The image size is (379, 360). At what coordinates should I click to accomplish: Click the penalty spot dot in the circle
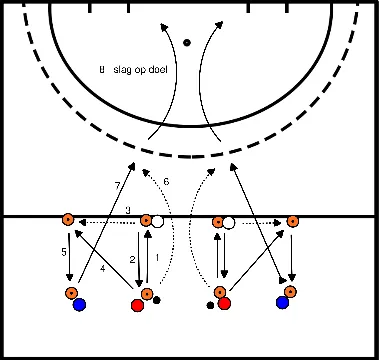pyautogui.click(x=187, y=43)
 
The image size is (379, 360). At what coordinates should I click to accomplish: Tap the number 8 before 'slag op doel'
pyautogui.click(x=102, y=69)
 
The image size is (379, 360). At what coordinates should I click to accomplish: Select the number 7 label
pyautogui.click(x=117, y=186)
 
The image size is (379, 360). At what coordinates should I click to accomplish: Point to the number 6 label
pyautogui.click(x=167, y=181)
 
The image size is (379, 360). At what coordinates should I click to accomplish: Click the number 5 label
pyautogui.click(x=62, y=253)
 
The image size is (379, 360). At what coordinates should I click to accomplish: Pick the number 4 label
pyautogui.click(x=102, y=268)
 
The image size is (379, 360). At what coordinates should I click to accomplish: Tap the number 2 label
pyautogui.click(x=132, y=259)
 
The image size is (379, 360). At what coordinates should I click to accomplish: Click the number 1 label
pyautogui.click(x=158, y=259)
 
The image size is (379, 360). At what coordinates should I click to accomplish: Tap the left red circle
pyautogui.click(x=137, y=305)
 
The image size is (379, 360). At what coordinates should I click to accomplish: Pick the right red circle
pyautogui.click(x=225, y=303)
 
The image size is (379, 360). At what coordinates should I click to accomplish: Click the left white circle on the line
pyautogui.click(x=158, y=220)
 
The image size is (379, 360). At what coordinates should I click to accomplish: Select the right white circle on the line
pyautogui.click(x=229, y=222)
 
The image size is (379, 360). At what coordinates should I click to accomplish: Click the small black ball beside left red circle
pyautogui.click(x=157, y=300)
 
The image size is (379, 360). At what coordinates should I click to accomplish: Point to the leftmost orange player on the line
pyautogui.click(x=67, y=220)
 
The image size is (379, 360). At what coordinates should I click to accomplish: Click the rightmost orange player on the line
pyautogui.click(x=292, y=221)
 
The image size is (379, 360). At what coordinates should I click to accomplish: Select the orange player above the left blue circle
pyautogui.click(x=72, y=293)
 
